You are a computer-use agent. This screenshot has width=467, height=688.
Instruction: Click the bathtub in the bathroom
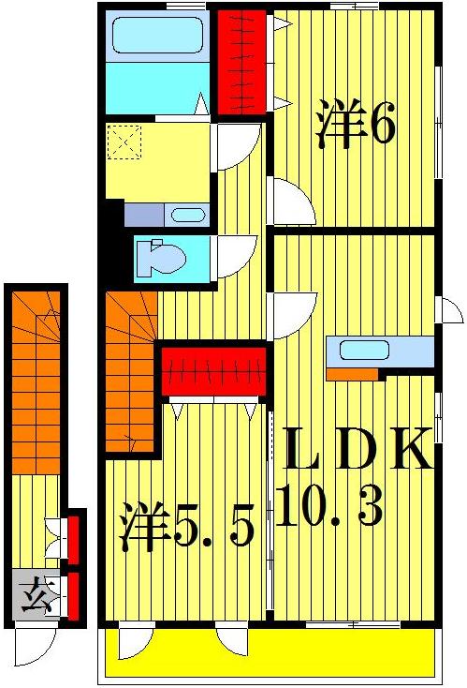click(154, 37)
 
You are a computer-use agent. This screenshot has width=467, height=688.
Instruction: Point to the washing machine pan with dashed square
click(124, 143)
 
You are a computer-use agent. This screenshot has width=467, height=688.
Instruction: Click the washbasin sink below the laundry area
click(187, 215)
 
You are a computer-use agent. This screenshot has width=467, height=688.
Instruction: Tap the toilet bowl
click(154, 259)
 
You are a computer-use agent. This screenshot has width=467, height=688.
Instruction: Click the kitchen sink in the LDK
click(364, 351)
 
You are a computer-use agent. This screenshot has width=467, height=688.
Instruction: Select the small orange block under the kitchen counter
click(352, 374)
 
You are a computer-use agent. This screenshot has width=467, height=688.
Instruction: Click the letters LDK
click(357, 451)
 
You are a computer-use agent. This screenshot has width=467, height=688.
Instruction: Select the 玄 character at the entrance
click(36, 594)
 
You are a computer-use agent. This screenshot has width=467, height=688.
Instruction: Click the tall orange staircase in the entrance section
click(37, 384)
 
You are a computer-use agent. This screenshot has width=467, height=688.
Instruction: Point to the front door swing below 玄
click(37, 645)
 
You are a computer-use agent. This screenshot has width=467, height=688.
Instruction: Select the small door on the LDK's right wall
click(450, 310)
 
